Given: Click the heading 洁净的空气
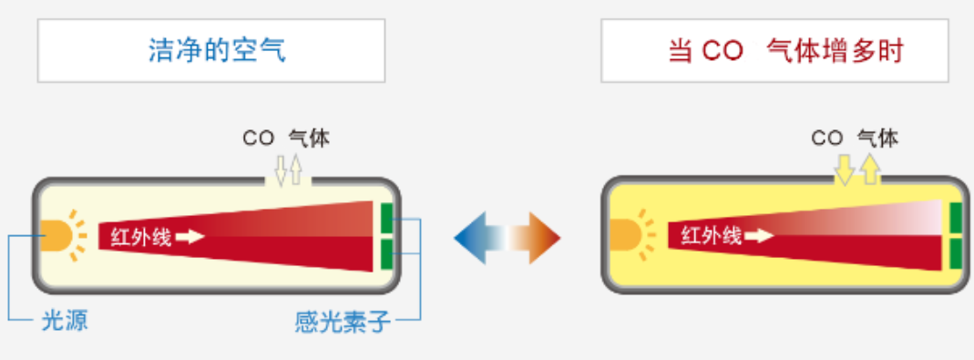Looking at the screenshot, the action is pyautogui.click(x=217, y=50).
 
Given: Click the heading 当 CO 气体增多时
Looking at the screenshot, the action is pyautogui.click(x=785, y=50).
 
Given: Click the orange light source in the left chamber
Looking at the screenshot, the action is pyautogui.click(x=56, y=237).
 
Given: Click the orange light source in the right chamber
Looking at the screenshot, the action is pyautogui.click(x=624, y=235).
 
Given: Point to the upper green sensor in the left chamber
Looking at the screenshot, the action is pyautogui.click(x=386, y=220).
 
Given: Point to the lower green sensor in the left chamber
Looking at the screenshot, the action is pyautogui.click(x=386, y=252).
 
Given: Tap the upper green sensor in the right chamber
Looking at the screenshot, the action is pyautogui.click(x=955, y=218).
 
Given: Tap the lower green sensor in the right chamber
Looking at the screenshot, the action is pyautogui.click(x=955, y=252).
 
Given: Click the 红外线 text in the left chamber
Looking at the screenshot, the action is pyautogui.click(x=141, y=237).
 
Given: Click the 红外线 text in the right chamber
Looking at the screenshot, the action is pyautogui.click(x=711, y=235).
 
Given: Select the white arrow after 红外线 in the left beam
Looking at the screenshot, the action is pyautogui.click(x=190, y=237).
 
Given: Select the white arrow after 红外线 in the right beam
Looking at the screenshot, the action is pyautogui.click(x=759, y=235).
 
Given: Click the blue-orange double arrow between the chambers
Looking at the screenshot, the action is pyautogui.click(x=507, y=238).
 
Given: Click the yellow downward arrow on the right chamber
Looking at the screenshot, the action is pyautogui.click(x=846, y=170).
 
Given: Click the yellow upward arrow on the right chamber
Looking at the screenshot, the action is pyautogui.click(x=868, y=170).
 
